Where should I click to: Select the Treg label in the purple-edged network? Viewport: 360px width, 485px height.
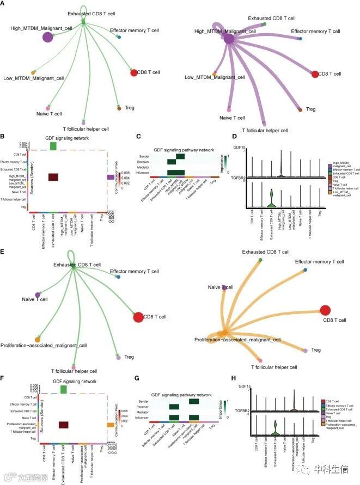point(310,109)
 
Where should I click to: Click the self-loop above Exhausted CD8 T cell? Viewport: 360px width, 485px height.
point(71,255)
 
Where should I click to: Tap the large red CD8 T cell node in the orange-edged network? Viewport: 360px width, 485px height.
point(325,310)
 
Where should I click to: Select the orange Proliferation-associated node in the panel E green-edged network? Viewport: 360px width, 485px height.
point(37,339)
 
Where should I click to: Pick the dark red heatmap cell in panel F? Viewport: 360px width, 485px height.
point(63,426)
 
